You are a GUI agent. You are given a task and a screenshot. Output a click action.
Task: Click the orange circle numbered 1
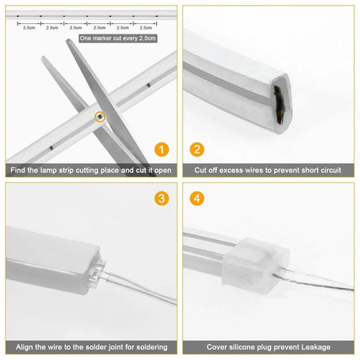click(163, 150)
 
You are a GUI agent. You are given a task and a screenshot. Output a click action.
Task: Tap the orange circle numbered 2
click(197, 150)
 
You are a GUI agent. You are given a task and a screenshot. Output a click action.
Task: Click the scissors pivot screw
click(98, 116)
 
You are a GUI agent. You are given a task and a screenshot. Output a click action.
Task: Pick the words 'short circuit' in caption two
click(318, 170)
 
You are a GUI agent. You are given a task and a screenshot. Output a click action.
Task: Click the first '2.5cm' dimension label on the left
click(29, 27)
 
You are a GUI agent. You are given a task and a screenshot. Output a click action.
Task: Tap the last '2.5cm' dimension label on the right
click(145, 27)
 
